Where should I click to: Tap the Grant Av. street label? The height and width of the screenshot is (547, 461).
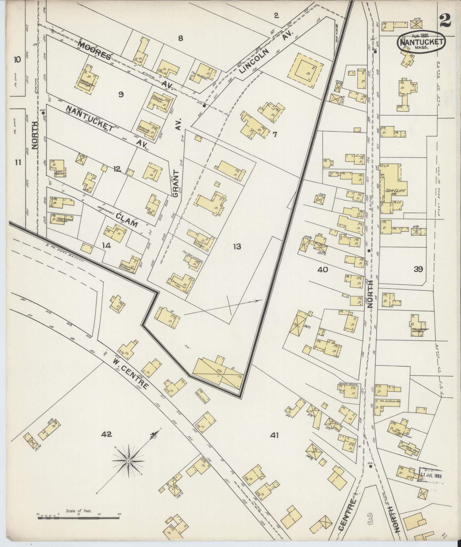pos(176,183)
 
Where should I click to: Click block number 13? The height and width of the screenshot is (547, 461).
pos(237,246)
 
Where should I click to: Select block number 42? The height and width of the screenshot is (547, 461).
pos(106,443)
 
